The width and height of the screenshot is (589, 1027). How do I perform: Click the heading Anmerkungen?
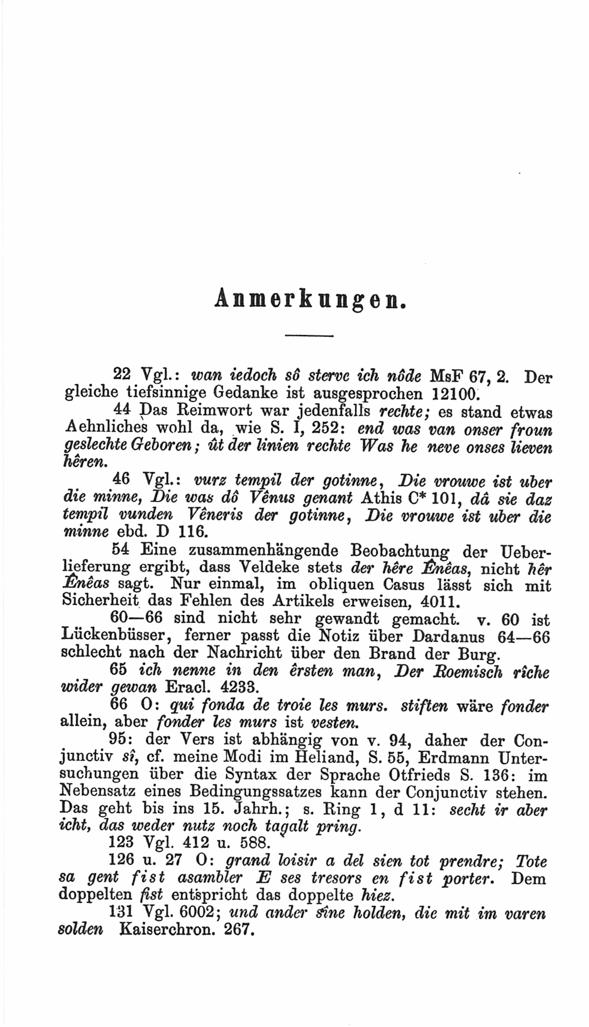[x=310, y=299]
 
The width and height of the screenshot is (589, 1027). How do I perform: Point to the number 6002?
[x=193, y=913]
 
